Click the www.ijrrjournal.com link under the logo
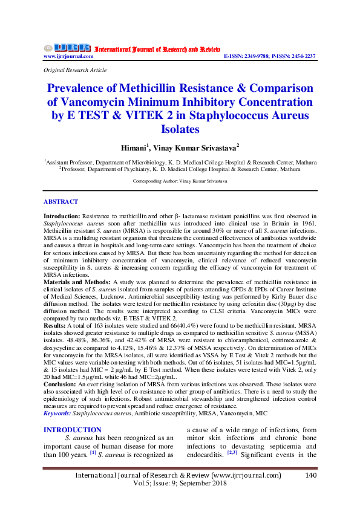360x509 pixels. [x=68, y=56]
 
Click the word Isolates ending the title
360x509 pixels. [x=180, y=129]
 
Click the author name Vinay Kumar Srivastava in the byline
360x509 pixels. [x=197, y=148]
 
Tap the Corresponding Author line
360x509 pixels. [x=180, y=181]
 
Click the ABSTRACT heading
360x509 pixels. [x=61, y=202]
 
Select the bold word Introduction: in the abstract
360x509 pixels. [x=63, y=216]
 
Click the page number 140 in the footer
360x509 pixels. [x=311, y=476]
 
